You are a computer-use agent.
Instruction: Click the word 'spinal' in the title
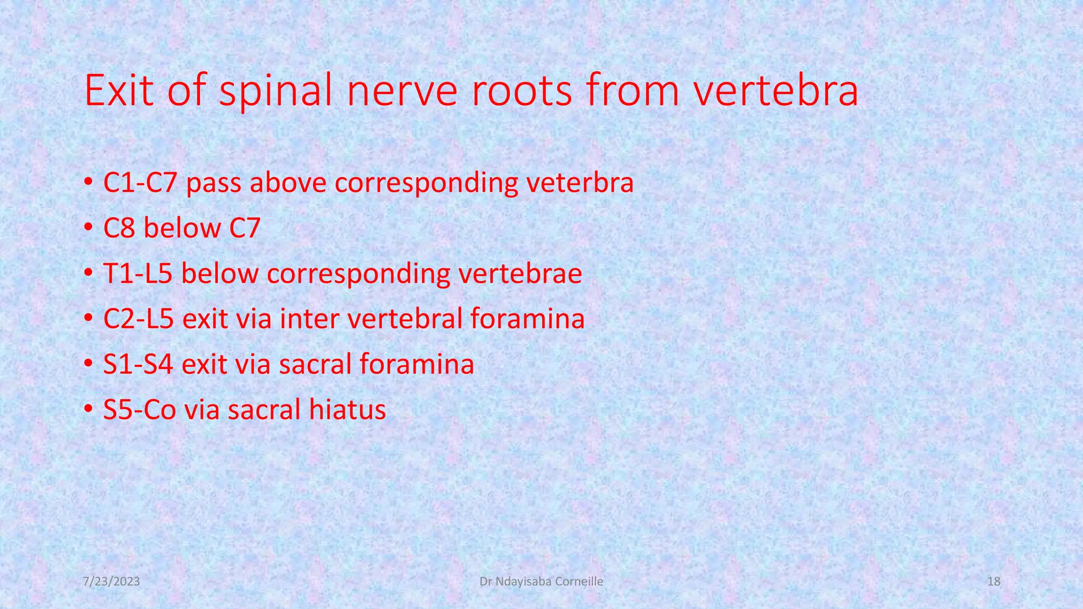[276, 91]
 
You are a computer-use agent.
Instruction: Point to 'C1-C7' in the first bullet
[140, 183]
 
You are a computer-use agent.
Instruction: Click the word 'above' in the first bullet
[288, 183]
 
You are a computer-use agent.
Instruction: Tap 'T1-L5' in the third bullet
[138, 274]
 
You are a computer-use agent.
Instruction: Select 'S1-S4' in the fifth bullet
[138, 364]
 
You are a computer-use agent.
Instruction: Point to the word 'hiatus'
[347, 410]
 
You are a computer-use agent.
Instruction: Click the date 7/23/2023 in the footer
[112, 582]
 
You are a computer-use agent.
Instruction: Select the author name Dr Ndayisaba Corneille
[541, 582]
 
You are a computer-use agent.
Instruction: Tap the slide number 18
[994, 582]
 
